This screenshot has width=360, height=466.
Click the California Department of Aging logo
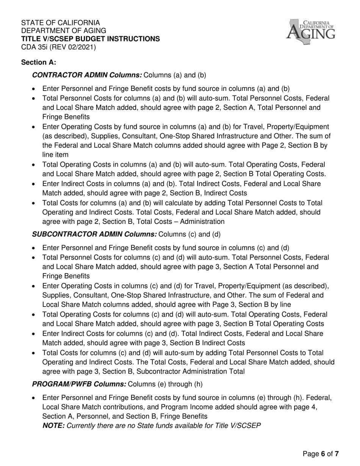click(311, 31)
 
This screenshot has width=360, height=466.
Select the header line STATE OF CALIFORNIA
click(61, 23)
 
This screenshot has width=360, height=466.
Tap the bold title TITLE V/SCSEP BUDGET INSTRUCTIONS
click(91, 39)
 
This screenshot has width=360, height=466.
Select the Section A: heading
click(39, 62)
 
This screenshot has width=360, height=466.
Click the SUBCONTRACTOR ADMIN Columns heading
click(94, 234)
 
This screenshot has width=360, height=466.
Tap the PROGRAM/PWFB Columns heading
click(79, 384)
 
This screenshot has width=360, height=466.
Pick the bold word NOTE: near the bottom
click(53, 425)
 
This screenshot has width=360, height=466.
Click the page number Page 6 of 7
click(320, 454)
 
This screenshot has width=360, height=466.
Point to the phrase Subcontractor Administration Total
click(196, 371)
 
